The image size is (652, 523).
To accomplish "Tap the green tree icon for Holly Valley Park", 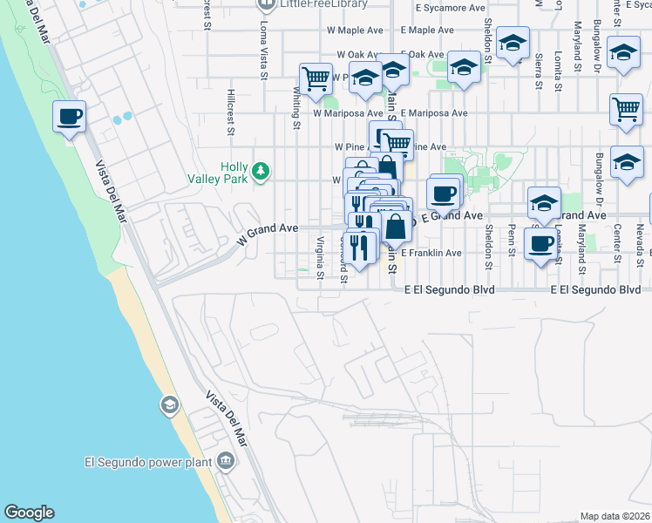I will [261, 172].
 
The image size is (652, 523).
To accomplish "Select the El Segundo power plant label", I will [149, 462].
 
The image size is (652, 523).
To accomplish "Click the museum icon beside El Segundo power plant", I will [227, 460].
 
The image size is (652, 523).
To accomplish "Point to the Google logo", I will [29, 513].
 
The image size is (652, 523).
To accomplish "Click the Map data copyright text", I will [615, 516].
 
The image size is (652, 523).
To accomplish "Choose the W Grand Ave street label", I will [268, 233].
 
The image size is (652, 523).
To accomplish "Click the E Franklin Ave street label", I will [431, 253].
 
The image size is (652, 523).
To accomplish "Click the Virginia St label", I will [321, 259].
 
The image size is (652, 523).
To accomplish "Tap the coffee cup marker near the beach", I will [69, 116].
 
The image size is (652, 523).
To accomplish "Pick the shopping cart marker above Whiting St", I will [316, 79].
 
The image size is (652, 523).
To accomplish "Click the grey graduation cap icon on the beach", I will [169, 404].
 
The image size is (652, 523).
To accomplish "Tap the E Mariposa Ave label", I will [435, 113].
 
